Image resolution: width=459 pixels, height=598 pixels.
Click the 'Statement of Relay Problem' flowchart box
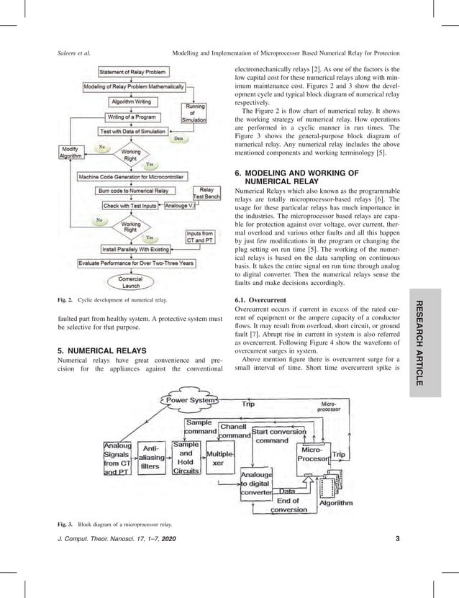(x=133, y=72)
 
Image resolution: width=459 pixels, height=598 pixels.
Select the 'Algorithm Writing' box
(x=129, y=101)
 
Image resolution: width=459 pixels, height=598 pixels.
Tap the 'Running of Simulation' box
(x=195, y=114)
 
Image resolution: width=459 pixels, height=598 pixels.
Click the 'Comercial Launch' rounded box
(x=130, y=282)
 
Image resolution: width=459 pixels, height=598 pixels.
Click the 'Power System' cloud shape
(x=191, y=400)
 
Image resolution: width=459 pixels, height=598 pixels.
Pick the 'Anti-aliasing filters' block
(x=150, y=456)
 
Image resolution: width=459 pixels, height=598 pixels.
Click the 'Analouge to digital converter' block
(x=255, y=485)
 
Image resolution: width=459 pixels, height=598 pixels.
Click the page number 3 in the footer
(x=398, y=558)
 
